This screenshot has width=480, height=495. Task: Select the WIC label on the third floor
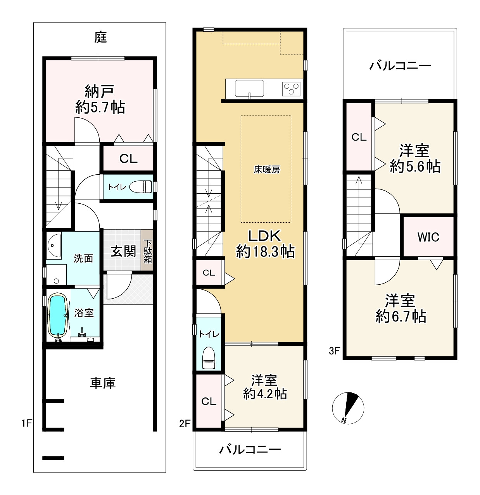(x=428, y=237)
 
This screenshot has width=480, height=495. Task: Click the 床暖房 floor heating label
(x=267, y=169)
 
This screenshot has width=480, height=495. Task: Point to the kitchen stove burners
(x=291, y=89)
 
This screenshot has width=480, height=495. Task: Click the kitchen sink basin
(x=249, y=89)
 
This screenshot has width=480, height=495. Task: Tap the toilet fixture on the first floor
(x=141, y=187)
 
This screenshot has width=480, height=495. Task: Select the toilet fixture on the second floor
(x=209, y=357)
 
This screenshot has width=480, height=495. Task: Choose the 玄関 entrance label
(x=123, y=252)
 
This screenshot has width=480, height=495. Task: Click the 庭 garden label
(x=100, y=38)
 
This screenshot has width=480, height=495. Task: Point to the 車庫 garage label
(x=103, y=383)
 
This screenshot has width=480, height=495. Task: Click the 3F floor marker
(x=334, y=351)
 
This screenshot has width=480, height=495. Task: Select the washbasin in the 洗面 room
(x=54, y=245)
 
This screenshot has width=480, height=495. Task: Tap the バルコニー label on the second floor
(x=250, y=449)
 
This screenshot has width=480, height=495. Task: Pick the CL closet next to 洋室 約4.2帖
(x=209, y=401)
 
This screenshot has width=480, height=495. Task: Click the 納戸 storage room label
(x=99, y=91)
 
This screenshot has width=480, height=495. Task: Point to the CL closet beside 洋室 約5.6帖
(x=359, y=137)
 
